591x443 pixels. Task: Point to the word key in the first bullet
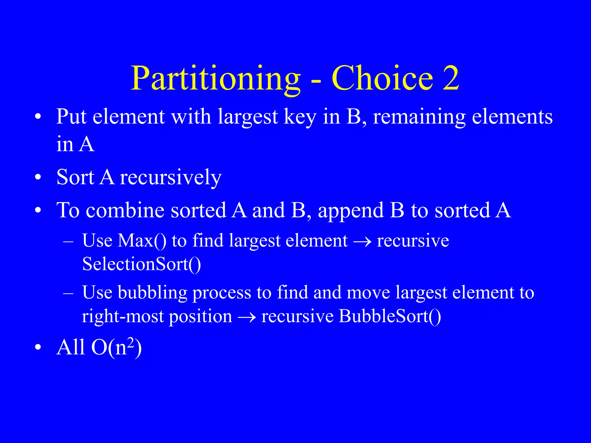[x=300, y=118]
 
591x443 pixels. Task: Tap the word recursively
[x=171, y=178]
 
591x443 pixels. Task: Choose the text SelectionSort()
[x=141, y=264]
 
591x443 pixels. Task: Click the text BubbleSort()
[x=390, y=316]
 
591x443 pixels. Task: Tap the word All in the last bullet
[x=71, y=347]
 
